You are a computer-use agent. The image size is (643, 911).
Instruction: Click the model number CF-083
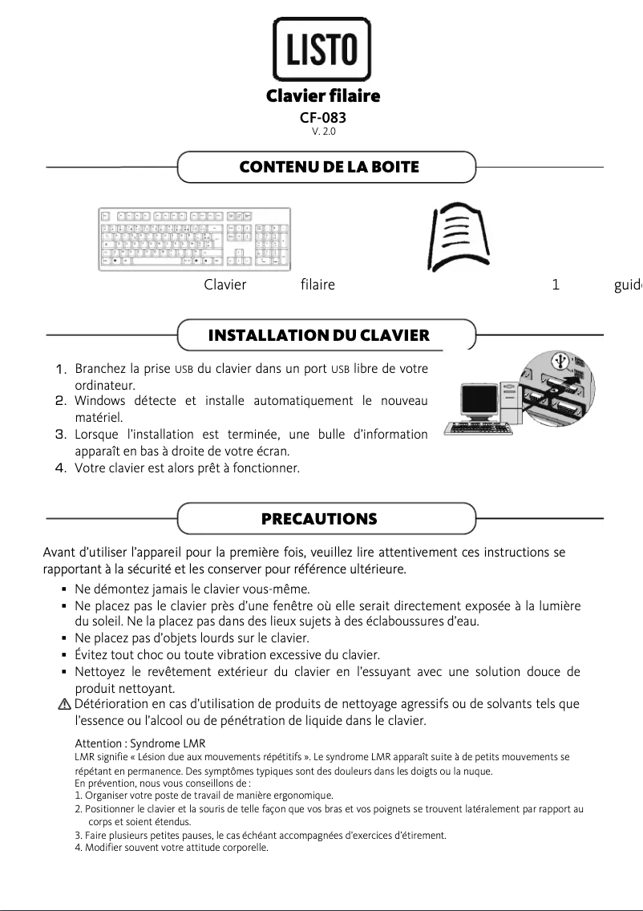tap(322, 118)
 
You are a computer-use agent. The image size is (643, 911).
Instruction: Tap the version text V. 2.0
tap(323, 132)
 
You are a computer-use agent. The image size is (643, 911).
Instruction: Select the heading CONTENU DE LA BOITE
tap(329, 167)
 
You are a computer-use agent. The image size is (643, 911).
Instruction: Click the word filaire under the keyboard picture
tap(317, 285)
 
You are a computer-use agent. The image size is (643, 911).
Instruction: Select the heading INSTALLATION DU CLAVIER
tap(318, 335)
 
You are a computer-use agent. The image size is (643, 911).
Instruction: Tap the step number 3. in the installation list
tap(59, 435)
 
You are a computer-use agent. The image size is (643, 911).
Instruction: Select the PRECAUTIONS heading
tap(319, 519)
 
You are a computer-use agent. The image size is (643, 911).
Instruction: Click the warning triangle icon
tap(64, 704)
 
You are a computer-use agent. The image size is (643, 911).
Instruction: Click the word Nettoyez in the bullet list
tap(99, 671)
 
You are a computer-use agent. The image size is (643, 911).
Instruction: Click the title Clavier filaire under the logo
tap(322, 97)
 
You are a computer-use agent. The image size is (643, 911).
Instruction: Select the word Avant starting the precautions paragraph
tap(59, 552)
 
